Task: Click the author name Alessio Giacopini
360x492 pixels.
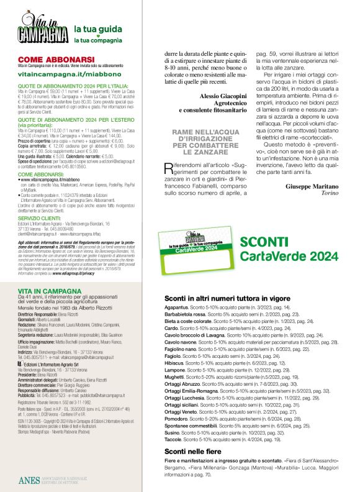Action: (x=227, y=96)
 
